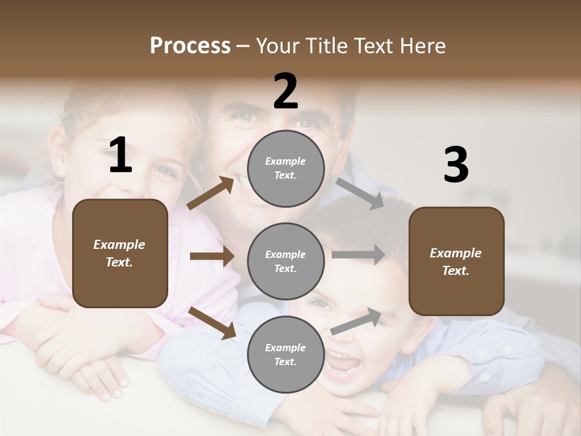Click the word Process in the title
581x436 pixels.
point(190,45)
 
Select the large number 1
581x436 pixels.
point(120,156)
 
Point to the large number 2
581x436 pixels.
point(286,91)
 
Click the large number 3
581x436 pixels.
point(456,165)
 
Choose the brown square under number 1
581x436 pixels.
point(120,253)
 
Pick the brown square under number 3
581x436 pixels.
point(456,262)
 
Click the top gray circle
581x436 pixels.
point(286,168)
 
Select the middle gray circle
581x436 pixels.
point(286,261)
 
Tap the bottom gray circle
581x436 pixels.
point(286,354)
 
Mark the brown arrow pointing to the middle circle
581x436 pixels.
point(212,256)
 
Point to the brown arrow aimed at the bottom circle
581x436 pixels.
point(212,322)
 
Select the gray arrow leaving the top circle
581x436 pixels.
point(359,193)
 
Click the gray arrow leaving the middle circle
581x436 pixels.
point(358,255)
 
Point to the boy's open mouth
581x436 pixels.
point(343,365)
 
